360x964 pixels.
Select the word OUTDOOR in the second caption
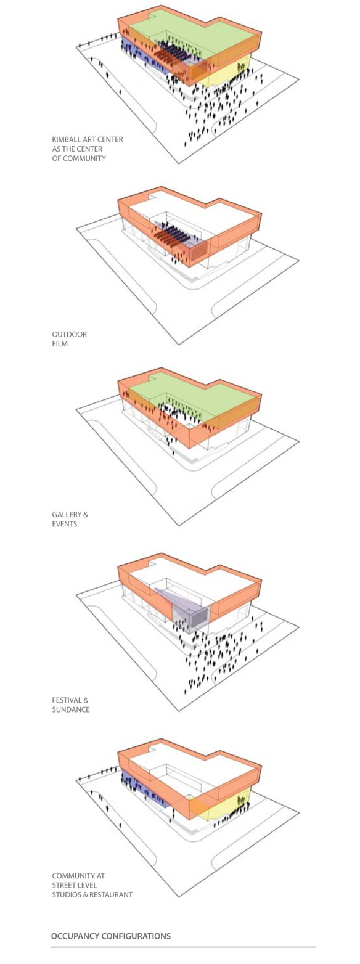click(x=69, y=335)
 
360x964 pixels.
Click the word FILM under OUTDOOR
click(x=60, y=344)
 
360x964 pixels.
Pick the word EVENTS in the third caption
click(x=65, y=524)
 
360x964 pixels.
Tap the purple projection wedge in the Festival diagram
click(x=189, y=609)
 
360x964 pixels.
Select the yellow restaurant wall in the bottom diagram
click(x=231, y=804)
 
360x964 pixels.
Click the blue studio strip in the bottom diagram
click(x=142, y=792)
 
